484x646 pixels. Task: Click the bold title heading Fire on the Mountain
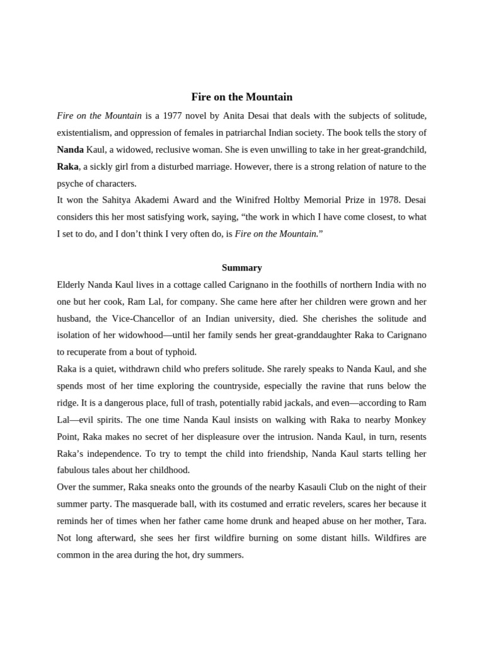point(242,97)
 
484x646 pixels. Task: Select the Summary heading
point(242,267)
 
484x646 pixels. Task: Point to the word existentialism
point(86,133)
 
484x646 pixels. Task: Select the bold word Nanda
point(70,150)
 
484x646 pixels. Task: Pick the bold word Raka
point(67,167)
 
